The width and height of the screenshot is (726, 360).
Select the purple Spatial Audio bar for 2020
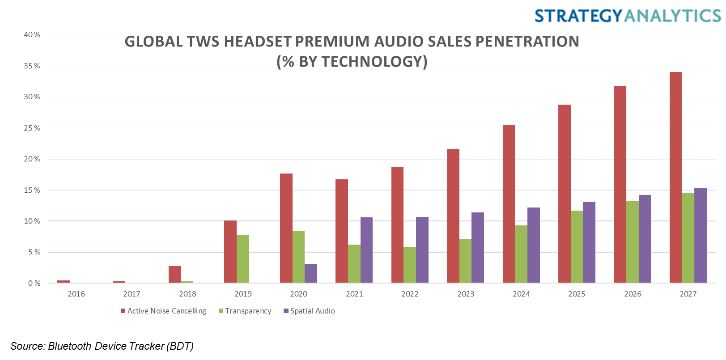click(x=311, y=273)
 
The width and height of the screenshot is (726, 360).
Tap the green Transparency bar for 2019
click(x=243, y=259)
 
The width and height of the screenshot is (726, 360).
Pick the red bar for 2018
click(x=175, y=275)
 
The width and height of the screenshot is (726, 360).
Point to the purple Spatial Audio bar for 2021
click(x=366, y=250)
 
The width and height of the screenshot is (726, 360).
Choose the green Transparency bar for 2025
click(x=577, y=247)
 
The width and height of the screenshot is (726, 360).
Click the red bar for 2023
click(x=453, y=216)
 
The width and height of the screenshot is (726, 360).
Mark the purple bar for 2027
click(x=701, y=235)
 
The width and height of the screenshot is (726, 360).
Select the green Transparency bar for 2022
click(x=410, y=265)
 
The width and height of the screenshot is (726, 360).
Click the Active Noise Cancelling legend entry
click(x=164, y=311)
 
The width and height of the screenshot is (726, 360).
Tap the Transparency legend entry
click(x=245, y=311)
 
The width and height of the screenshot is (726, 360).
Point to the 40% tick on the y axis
click(x=32, y=34)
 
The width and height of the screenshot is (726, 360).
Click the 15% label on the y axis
click(x=32, y=190)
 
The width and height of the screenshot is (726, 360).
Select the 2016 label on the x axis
click(x=76, y=294)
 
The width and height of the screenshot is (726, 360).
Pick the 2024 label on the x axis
click(x=521, y=294)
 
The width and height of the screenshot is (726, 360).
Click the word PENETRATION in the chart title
click(x=527, y=42)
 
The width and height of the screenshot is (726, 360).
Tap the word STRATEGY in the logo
click(x=578, y=16)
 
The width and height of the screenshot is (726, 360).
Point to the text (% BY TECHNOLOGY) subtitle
click(x=352, y=61)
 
